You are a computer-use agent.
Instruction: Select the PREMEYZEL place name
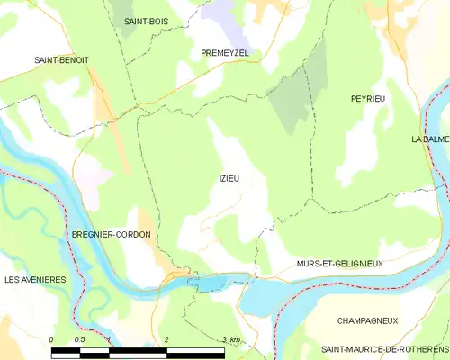224,54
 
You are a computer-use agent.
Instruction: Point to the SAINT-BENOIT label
62,60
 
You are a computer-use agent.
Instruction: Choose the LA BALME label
430,139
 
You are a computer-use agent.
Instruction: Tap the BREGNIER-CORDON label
111,235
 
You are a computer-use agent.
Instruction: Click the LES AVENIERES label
35,280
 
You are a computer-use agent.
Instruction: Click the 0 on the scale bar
51,339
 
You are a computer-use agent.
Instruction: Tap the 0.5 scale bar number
79,339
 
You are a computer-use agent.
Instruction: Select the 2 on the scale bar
167,339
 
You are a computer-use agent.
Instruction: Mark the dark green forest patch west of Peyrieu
292,108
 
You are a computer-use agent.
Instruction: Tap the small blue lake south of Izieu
213,283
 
